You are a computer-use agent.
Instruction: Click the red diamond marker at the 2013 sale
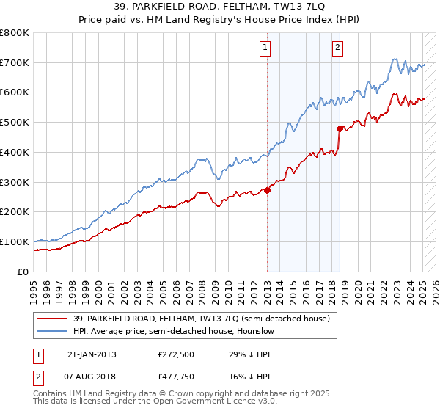tap(267, 190)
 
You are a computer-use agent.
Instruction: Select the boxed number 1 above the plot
tap(264, 49)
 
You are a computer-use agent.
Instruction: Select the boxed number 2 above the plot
tap(337, 49)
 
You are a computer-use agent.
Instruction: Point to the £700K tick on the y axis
tap(15, 62)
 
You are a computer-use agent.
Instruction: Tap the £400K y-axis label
tap(15, 152)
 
